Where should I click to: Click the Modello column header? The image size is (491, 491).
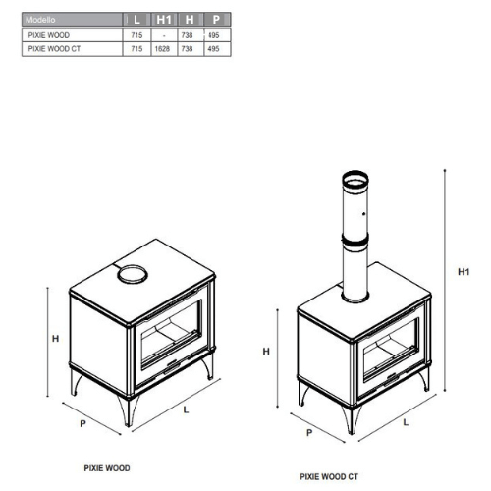click(x=40, y=20)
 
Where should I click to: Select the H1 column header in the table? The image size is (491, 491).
click(x=164, y=20)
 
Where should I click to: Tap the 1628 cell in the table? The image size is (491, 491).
click(x=162, y=49)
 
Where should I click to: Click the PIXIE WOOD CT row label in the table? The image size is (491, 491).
click(x=54, y=49)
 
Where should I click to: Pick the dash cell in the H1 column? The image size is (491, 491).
click(x=164, y=35)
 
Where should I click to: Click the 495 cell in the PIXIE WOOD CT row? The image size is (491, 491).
click(x=213, y=49)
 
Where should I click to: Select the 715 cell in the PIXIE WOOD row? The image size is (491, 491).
click(x=136, y=35)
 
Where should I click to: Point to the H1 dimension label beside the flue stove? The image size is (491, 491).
click(x=464, y=271)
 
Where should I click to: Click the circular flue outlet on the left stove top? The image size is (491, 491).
click(x=133, y=281)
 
